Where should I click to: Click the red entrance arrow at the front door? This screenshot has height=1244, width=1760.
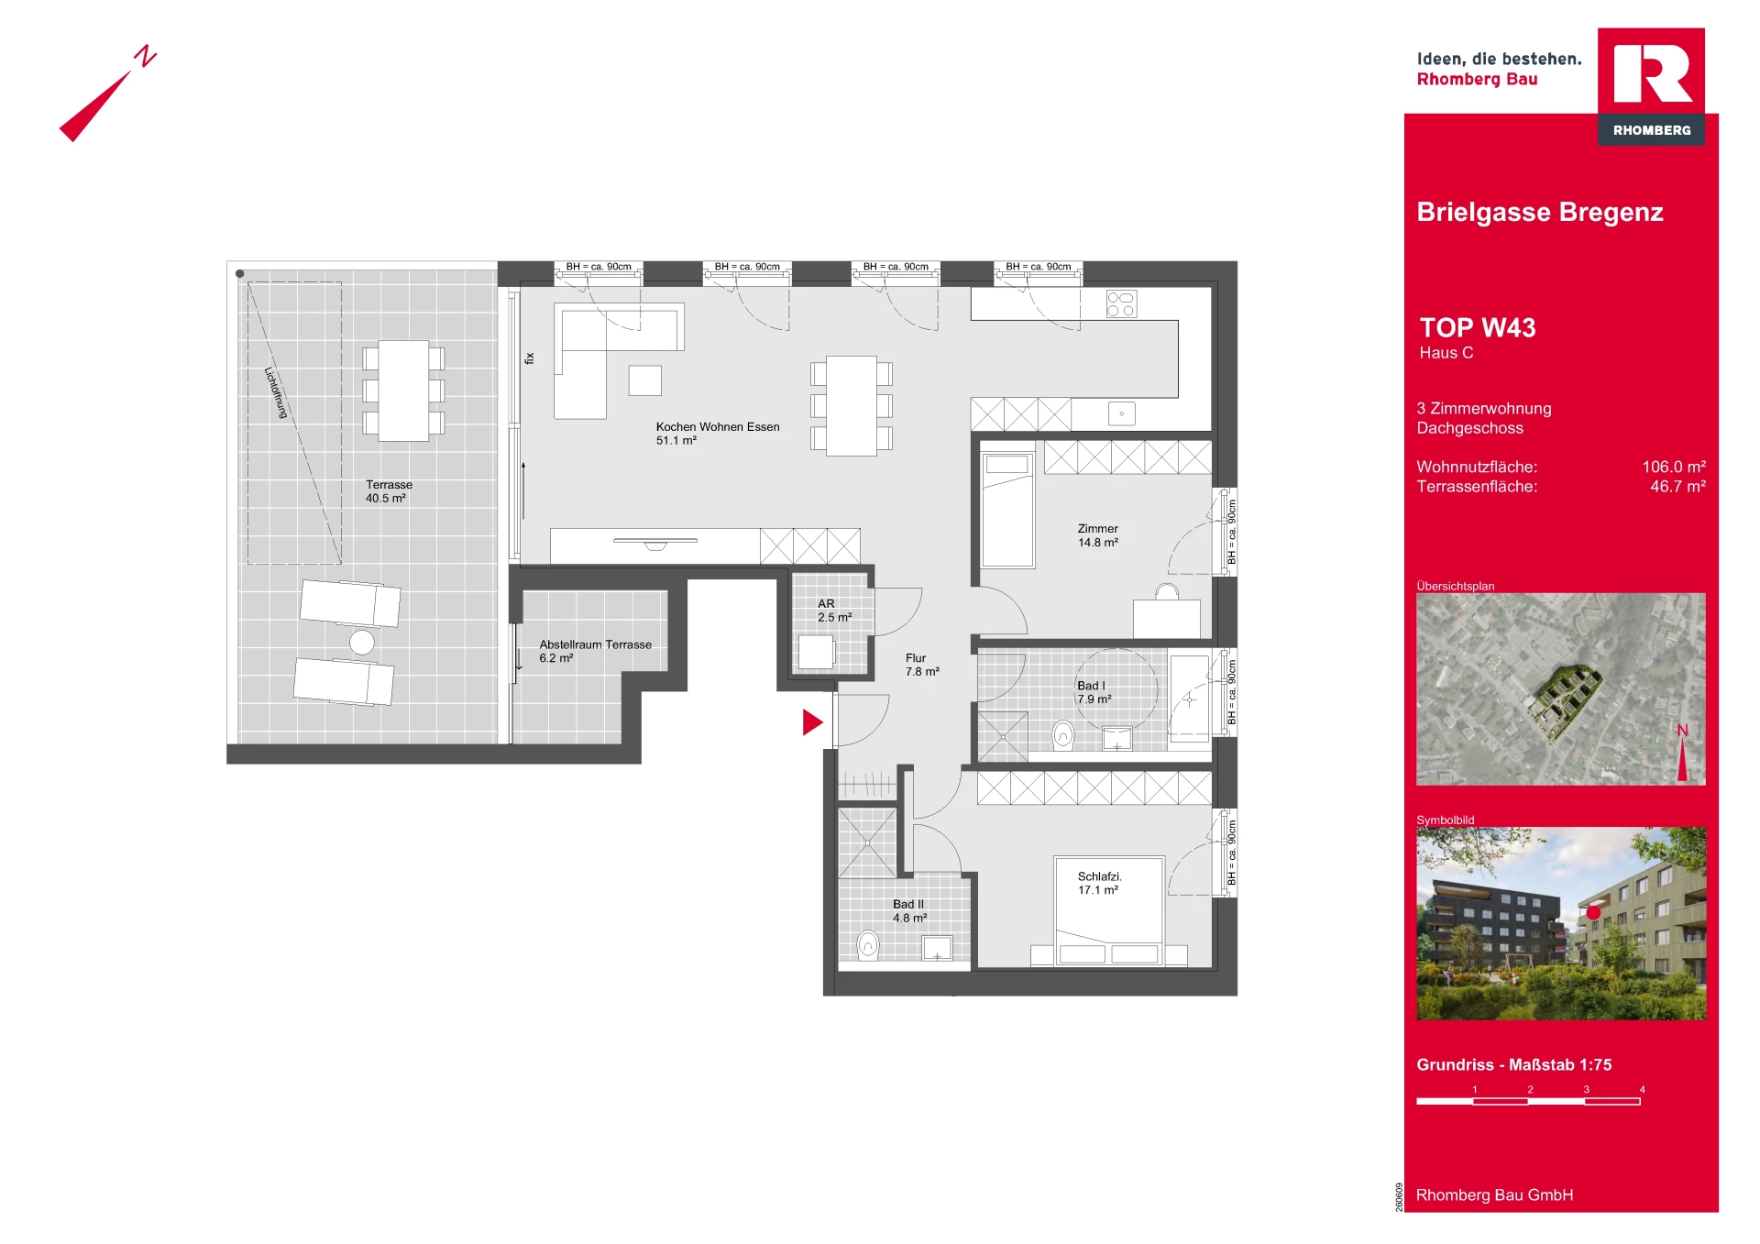coord(812,722)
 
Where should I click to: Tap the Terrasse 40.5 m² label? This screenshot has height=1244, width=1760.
coord(389,491)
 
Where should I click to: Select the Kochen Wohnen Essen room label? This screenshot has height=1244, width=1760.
coord(718,427)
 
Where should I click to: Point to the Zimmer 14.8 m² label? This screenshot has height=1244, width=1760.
coord(1098,535)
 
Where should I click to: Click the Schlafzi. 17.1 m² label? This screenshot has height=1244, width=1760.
coord(1099,883)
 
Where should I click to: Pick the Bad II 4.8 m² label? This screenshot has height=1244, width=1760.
coord(909,911)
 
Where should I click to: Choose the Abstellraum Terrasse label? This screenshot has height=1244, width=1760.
coord(595,644)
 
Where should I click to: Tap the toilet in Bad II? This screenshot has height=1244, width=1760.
coord(867,944)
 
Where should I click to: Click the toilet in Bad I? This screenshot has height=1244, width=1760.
coord(1063,735)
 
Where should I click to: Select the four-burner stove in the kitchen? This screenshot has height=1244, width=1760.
coord(1121,303)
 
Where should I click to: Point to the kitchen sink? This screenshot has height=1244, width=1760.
coord(1122,413)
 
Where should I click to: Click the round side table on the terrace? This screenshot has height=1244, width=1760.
coord(362,642)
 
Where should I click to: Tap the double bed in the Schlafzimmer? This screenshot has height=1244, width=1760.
coord(1109,911)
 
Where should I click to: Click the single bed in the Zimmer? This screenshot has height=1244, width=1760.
coord(1007,510)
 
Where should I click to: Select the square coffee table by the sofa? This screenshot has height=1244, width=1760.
coord(645,380)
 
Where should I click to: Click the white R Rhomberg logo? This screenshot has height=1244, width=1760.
coord(1652,73)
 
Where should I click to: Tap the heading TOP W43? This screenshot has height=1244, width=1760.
coord(1477,327)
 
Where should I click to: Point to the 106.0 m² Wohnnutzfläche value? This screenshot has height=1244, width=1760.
coord(1674,467)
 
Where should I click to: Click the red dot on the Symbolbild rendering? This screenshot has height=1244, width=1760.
coord(1593,912)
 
